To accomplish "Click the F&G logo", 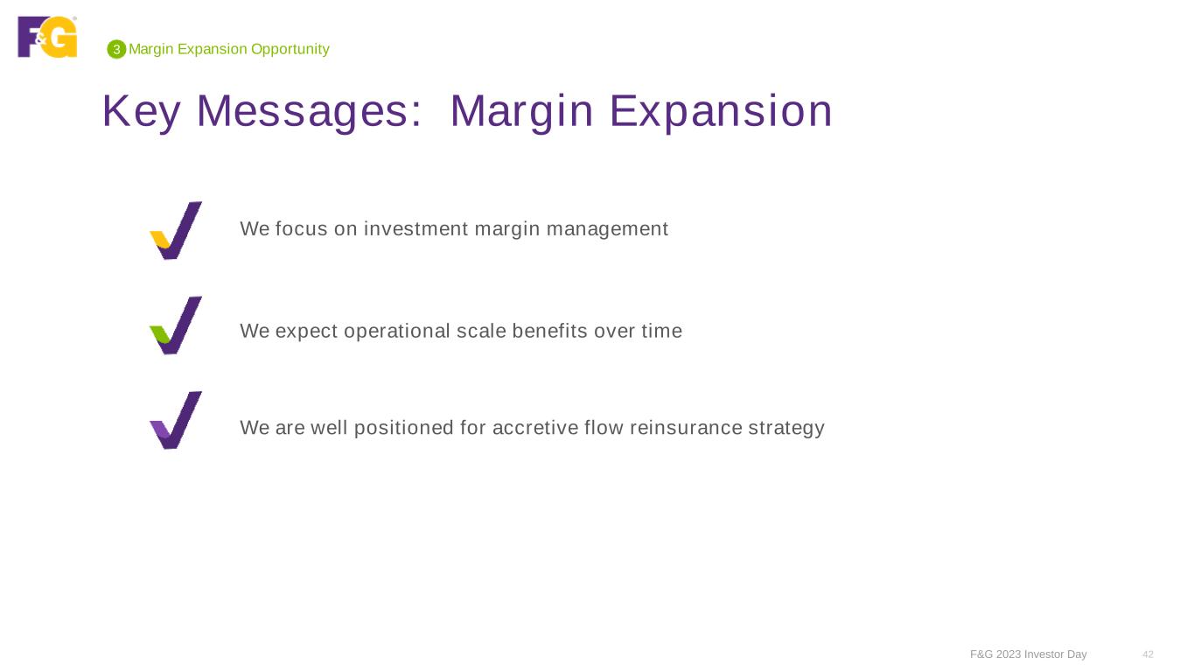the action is (x=47, y=37).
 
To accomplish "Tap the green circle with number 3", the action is (x=116, y=50).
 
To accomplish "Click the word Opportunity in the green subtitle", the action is (x=290, y=50).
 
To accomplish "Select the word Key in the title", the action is (x=141, y=111).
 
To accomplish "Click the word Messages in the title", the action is (x=309, y=111).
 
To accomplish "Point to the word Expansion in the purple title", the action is (x=721, y=111).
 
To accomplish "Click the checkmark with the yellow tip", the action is (x=176, y=230).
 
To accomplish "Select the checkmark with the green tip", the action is (x=176, y=325).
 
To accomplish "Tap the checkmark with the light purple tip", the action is (x=176, y=420).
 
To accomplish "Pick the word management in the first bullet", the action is (x=607, y=230).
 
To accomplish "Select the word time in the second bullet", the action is (x=661, y=331).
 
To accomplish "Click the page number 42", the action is (x=1148, y=654).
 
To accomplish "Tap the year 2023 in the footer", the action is (x=1009, y=654).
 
